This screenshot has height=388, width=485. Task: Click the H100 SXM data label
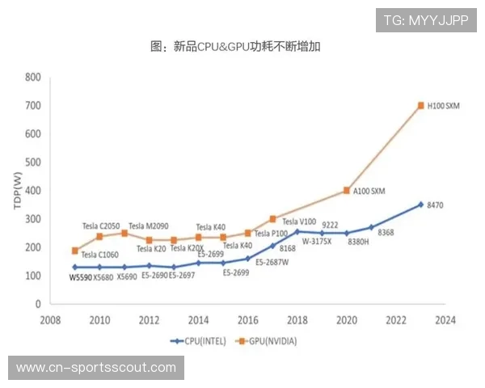[443, 106]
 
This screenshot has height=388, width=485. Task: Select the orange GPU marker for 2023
[421, 106]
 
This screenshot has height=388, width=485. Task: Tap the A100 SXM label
[369, 191]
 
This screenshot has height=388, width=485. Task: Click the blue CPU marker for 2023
[421, 205]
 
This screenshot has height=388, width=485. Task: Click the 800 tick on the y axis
[32, 78]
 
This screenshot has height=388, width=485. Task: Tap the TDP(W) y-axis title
[18, 191]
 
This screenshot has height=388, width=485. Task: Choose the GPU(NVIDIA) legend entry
[268, 342]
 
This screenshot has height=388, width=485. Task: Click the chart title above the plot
[241, 47]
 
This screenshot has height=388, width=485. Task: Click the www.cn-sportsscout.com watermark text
[96, 369]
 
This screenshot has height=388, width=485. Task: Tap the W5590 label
[81, 277]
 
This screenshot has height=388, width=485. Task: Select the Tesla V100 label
[299, 221]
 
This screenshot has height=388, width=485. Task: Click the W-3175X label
[316, 241]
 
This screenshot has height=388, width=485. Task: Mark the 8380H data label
[348, 241]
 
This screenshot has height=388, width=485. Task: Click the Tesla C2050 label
[101, 226]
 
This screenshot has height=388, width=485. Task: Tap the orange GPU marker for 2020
[347, 191]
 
